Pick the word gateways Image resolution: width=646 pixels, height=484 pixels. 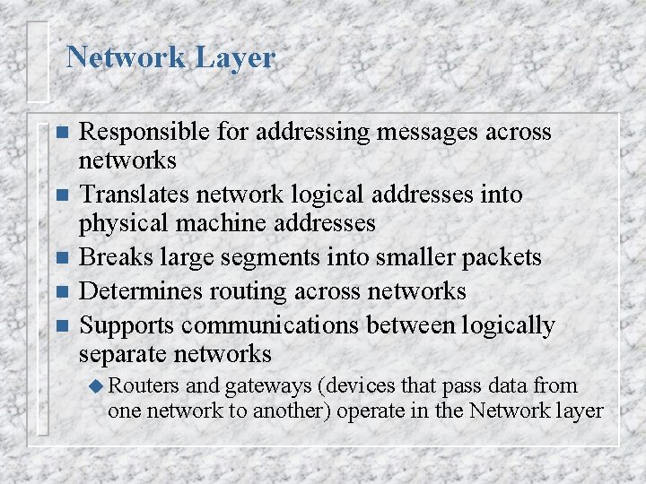pos(267,385)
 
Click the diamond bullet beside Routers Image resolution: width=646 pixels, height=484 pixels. pos(98,386)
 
